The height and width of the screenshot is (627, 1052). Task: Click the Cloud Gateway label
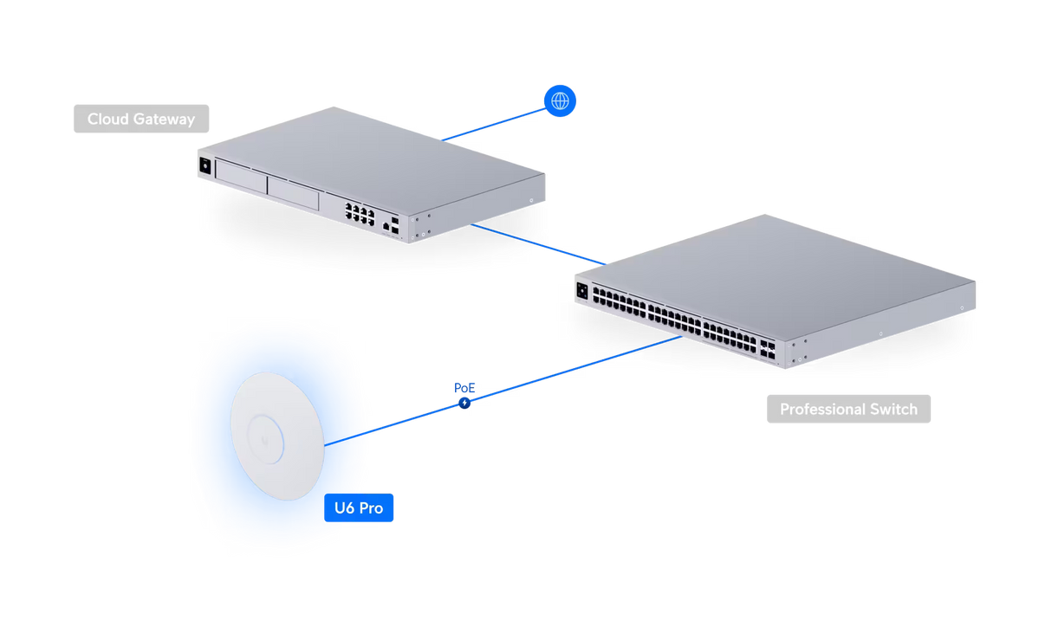click(140, 119)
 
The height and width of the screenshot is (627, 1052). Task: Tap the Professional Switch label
click(848, 409)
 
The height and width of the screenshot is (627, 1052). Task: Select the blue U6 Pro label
click(360, 507)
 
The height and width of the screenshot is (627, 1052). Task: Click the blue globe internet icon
click(560, 101)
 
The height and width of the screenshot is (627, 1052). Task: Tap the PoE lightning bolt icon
click(465, 403)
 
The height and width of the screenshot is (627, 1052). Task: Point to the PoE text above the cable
click(464, 386)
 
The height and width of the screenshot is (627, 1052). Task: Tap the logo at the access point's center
click(269, 441)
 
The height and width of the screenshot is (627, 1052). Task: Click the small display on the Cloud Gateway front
click(206, 165)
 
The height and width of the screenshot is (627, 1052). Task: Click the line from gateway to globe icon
click(494, 121)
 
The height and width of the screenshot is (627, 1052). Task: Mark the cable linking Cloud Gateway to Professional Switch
click(537, 242)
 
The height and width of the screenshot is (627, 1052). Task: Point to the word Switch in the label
click(890, 409)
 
